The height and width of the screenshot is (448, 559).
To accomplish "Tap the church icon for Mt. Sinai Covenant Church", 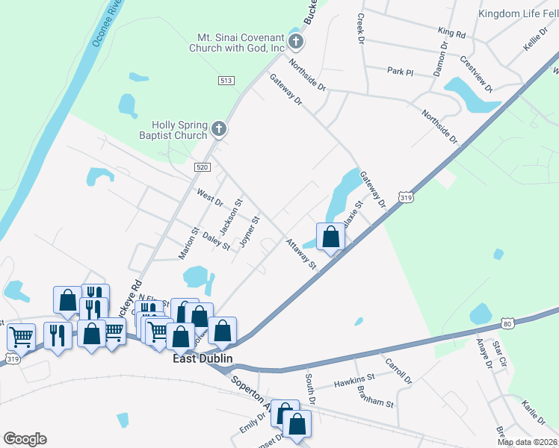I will click(x=295, y=41).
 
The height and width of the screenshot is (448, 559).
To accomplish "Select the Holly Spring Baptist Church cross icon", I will click(x=219, y=130).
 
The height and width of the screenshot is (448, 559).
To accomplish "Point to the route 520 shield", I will click(x=202, y=167).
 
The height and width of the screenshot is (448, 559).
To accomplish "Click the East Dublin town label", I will click(x=203, y=359).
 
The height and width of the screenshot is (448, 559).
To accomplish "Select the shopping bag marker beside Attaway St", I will click(x=330, y=237).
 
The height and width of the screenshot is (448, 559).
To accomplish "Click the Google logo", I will click(x=25, y=439).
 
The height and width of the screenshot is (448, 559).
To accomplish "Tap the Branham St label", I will click(x=376, y=402).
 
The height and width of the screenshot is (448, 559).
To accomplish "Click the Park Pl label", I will click(x=400, y=71).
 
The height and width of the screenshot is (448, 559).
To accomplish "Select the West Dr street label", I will click(x=210, y=197).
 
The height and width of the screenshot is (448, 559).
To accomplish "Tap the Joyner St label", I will click(x=249, y=232).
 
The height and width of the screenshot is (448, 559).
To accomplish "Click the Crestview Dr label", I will click(x=476, y=74).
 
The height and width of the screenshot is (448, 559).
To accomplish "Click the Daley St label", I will click(x=216, y=242).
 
